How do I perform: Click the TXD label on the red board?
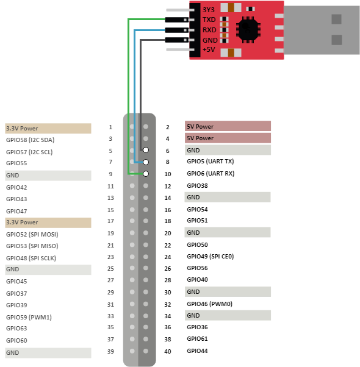click(209, 20)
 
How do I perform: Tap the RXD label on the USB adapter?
click(209, 30)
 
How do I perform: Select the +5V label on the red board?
click(209, 49)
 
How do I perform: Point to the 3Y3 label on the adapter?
click(209, 10)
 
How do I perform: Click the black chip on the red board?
click(248, 30)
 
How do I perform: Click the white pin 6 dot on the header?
click(146, 150)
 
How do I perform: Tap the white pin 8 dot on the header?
click(146, 162)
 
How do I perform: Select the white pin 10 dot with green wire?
click(146, 174)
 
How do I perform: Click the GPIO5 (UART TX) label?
click(211, 162)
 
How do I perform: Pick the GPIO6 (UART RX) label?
click(211, 174)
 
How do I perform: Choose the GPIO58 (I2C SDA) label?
click(31, 140)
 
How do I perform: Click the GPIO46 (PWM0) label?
click(210, 304)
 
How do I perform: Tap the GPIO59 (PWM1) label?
click(29, 318)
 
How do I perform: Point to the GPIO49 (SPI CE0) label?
click(211, 257)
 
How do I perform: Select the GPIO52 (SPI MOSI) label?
click(32, 235)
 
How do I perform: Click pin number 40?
click(168, 351)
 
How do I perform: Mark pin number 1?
click(110, 127)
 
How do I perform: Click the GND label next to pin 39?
click(12, 353)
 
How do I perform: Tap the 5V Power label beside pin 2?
click(200, 127)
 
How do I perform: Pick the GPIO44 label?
click(197, 351)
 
